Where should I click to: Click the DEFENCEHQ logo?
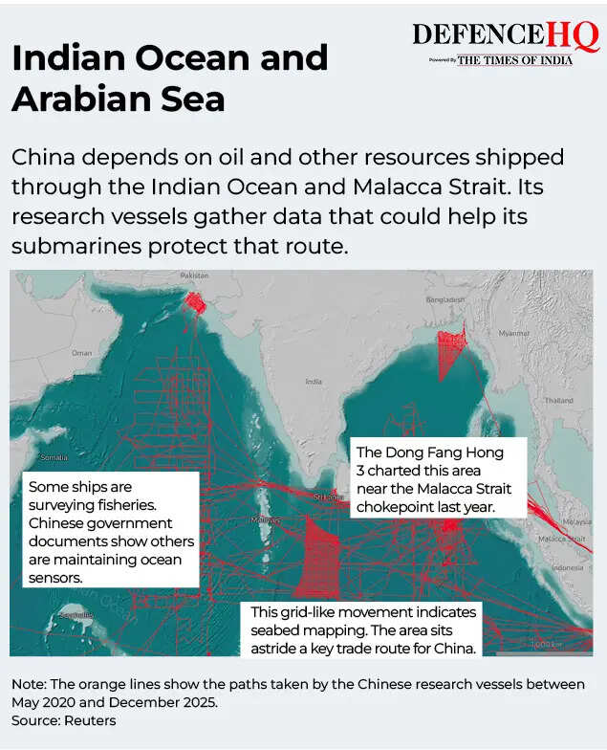coord(505,36)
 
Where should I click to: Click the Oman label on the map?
coord(82,353)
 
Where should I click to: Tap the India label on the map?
coord(313,381)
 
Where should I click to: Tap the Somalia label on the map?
coord(53,457)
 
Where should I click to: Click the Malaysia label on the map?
coord(575,523)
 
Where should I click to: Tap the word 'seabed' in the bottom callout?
coord(278,630)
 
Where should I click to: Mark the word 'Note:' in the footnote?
coord(31,685)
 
